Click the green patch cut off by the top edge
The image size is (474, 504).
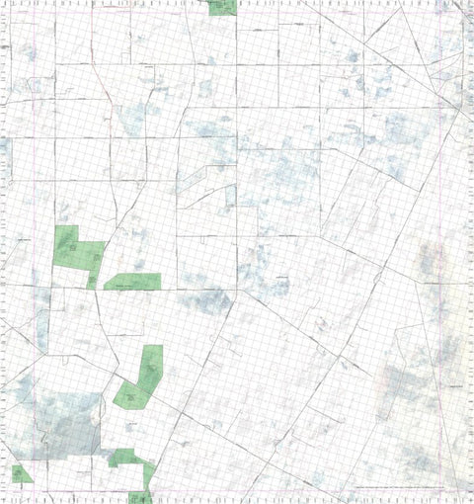pyautogui.click(x=222, y=7)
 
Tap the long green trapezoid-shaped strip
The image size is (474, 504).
pyautogui.click(x=133, y=282)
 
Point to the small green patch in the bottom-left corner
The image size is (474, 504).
pyautogui.click(x=21, y=473)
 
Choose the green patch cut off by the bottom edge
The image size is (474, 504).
pyautogui.click(x=139, y=497)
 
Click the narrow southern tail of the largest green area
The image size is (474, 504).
pyautogui.click(x=92, y=279)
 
